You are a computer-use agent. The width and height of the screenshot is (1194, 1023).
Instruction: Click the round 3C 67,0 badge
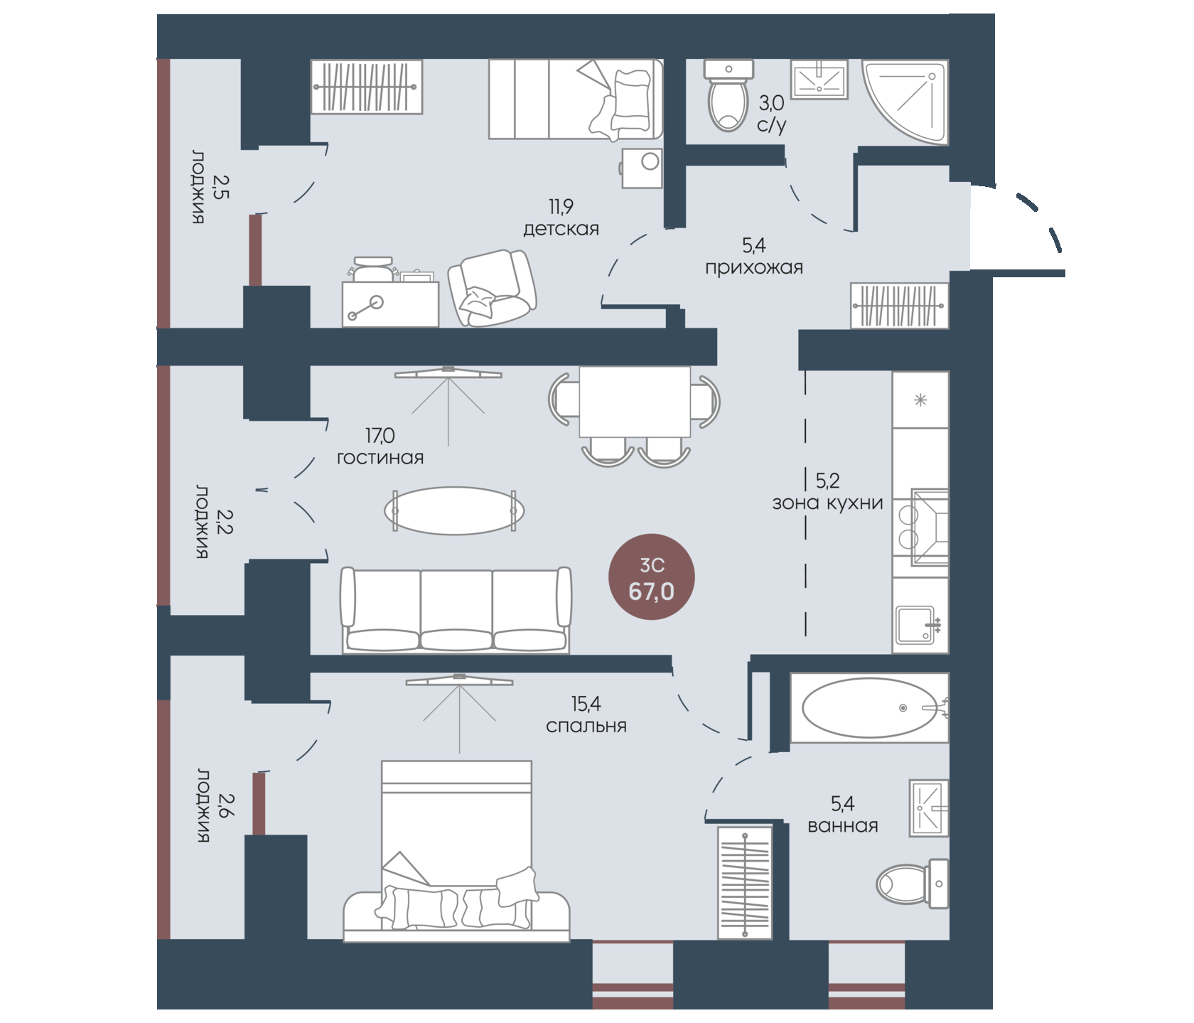[x=652, y=577]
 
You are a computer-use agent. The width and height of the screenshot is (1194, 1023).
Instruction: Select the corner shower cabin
[x=905, y=101]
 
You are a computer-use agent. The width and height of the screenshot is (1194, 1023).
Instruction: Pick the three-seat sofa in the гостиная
[x=456, y=610]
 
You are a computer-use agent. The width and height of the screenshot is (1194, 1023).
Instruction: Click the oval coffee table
[x=455, y=510]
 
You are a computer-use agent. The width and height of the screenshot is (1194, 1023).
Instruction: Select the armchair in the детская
[x=492, y=288]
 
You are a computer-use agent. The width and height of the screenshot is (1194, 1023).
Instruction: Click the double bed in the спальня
[x=456, y=851]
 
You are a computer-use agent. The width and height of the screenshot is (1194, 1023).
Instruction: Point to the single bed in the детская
[x=576, y=99]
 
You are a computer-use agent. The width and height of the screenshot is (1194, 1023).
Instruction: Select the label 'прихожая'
[x=754, y=268]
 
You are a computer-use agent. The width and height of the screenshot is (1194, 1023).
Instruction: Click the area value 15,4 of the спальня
[x=586, y=704]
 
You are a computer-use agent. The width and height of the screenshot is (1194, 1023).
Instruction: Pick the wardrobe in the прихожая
[x=900, y=306]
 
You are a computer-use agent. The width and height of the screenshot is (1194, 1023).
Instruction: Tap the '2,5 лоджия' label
[x=207, y=187]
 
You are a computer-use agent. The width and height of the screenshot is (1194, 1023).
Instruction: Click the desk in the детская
[x=390, y=304]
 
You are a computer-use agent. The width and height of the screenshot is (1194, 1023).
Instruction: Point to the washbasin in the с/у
[x=819, y=80]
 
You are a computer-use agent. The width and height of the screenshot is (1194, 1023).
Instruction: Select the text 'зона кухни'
[x=828, y=503]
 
